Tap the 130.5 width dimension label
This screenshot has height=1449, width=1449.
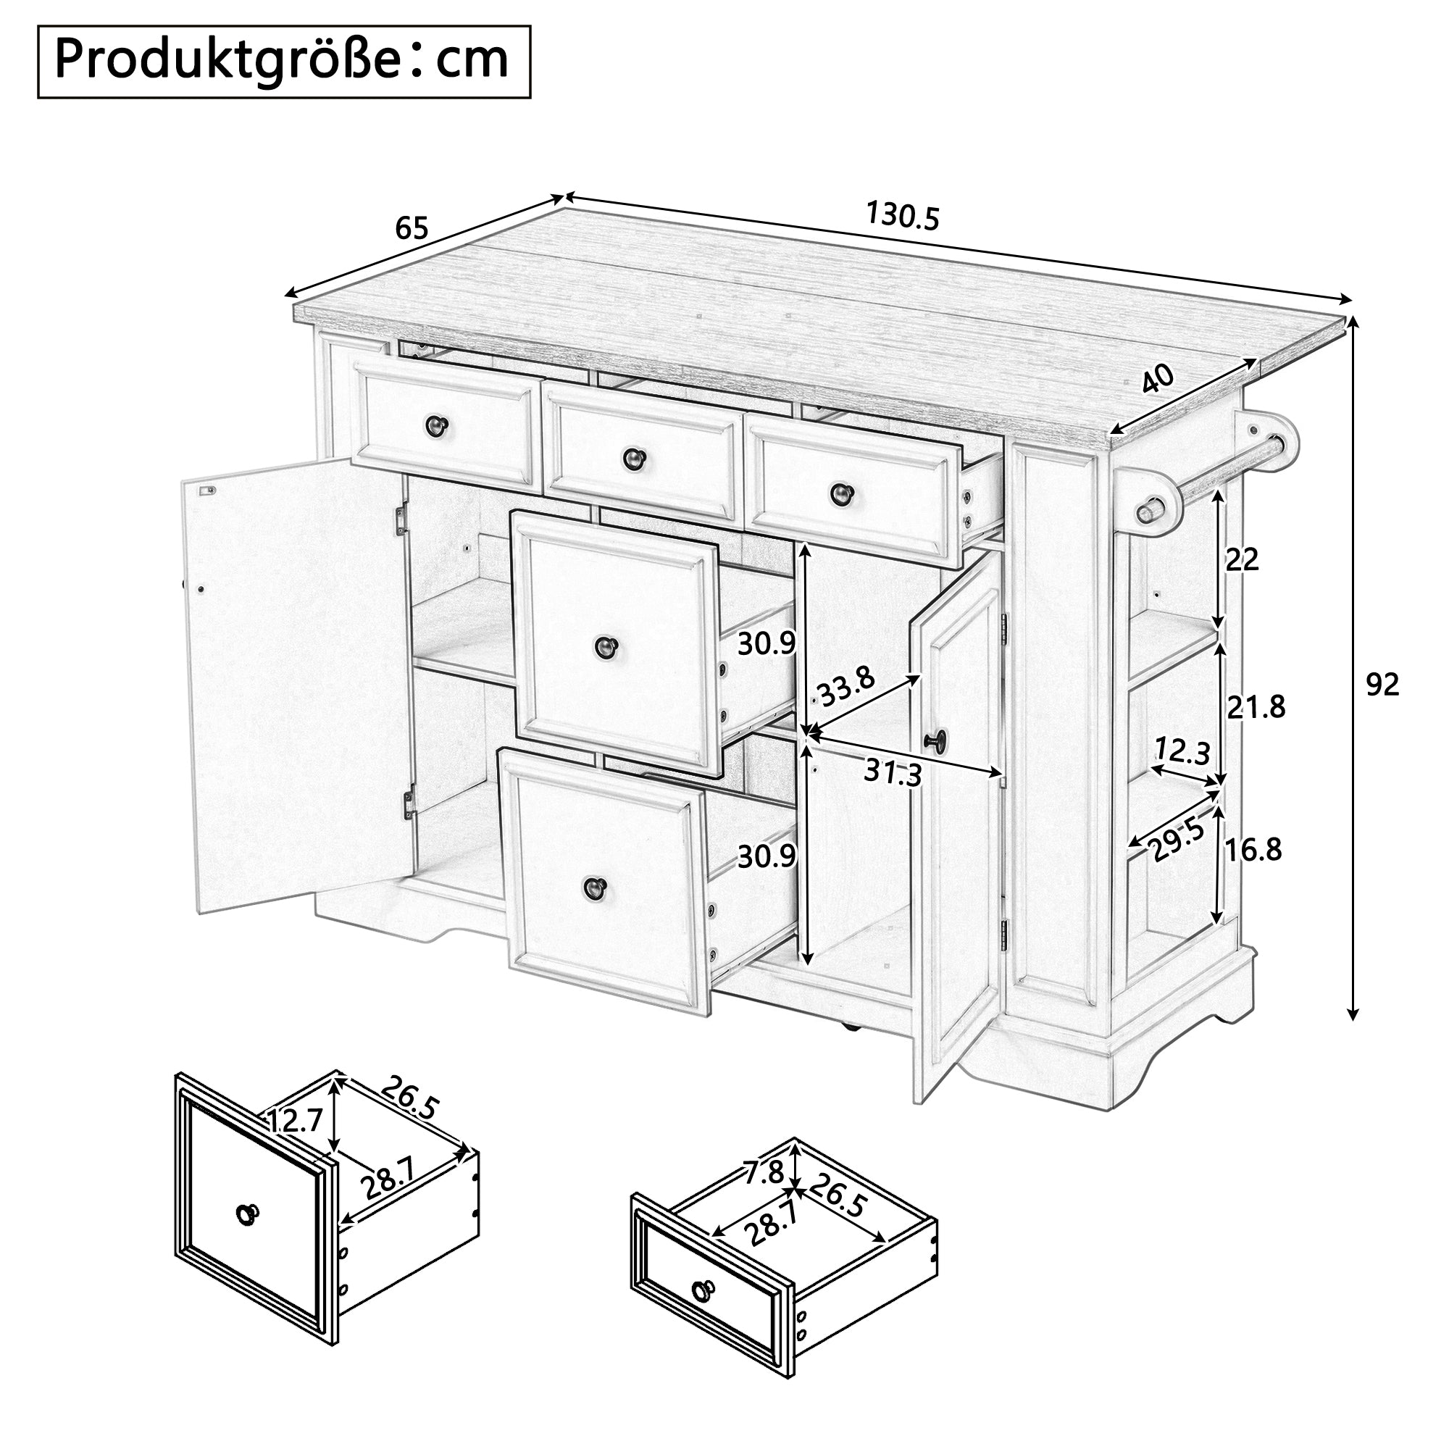click(x=902, y=216)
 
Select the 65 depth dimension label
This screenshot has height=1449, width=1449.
click(x=412, y=228)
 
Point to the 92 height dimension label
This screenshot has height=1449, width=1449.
click(x=1382, y=684)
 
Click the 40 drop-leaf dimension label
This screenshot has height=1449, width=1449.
click(x=1158, y=380)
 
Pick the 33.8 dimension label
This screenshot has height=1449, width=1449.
click(x=846, y=686)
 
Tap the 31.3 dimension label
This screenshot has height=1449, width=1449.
click(x=893, y=771)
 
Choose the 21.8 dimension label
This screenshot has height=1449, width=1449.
click(x=1256, y=706)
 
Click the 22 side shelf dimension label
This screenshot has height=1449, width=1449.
click(x=1242, y=559)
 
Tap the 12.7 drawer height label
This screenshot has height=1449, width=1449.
click(x=295, y=1121)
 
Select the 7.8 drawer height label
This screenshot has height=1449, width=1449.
click(x=764, y=1172)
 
